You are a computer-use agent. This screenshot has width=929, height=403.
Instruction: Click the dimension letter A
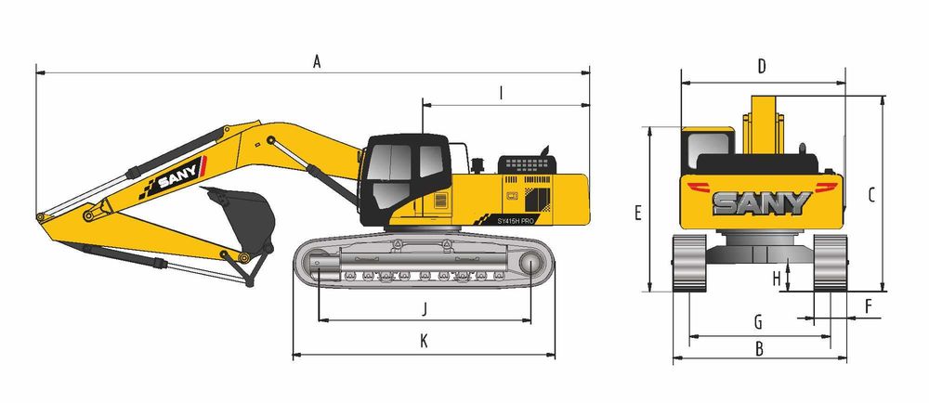pyautogui.click(x=317, y=61)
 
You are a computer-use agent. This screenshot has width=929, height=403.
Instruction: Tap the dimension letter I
pyautogui.click(x=502, y=94)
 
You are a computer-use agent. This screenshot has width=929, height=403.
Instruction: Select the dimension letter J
pyautogui.click(x=425, y=309)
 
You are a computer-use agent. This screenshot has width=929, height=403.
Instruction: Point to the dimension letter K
pyautogui.click(x=424, y=340)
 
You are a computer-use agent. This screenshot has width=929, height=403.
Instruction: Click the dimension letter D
pyautogui.click(x=762, y=67)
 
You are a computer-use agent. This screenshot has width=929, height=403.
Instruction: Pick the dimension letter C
pyautogui.click(x=871, y=195)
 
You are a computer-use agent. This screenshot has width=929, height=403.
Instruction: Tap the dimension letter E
pyautogui.click(x=638, y=213)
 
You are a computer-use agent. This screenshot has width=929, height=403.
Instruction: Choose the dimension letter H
pyautogui.click(x=778, y=279)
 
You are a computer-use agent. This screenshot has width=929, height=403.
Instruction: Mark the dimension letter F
pyautogui.click(x=869, y=306)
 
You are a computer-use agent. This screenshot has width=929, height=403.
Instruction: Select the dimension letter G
pyautogui.click(x=758, y=322)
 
